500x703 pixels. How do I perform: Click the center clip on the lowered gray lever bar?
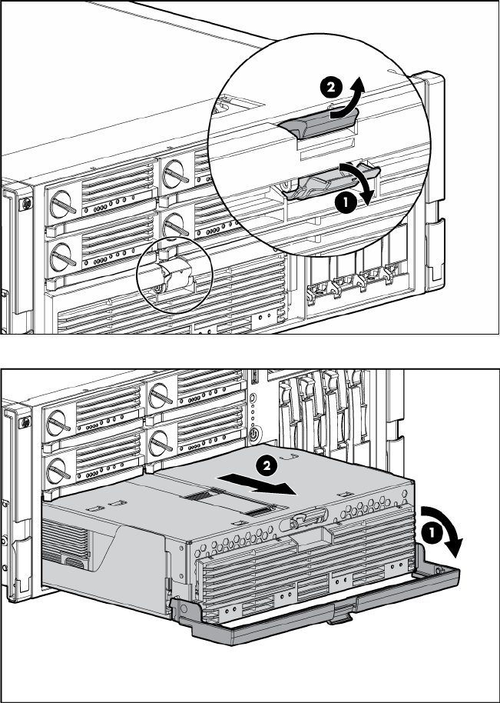pyautogui.click(x=336, y=617)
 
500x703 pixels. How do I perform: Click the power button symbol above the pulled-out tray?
pyautogui.click(x=253, y=439)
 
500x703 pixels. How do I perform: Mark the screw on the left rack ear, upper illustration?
pyautogui.click(x=25, y=203)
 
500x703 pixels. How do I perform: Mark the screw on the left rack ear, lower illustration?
pyautogui.click(x=25, y=423)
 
